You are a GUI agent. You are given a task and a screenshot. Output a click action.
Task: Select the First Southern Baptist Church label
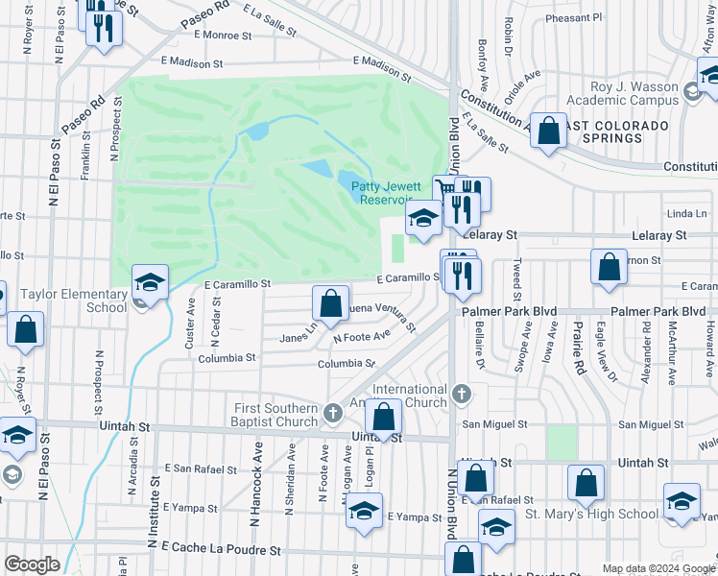[x=276, y=415]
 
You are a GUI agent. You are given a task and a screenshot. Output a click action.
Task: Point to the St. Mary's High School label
[x=591, y=514]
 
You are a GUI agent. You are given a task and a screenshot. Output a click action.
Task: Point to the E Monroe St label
[x=222, y=35]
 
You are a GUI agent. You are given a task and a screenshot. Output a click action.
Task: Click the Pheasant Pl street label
[x=573, y=17]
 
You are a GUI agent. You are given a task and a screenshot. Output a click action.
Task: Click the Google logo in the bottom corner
[x=32, y=564]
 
